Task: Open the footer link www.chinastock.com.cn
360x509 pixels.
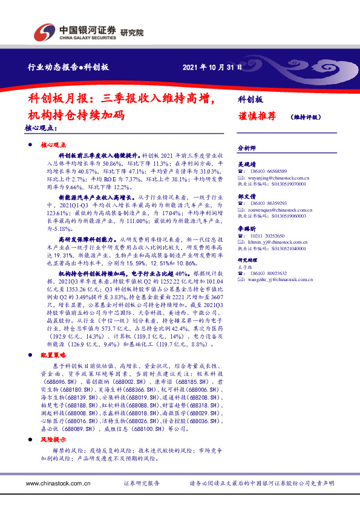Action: click(x=61, y=484)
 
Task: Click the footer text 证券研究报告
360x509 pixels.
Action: click(x=142, y=484)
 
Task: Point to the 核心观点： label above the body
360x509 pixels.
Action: click(x=41, y=129)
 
